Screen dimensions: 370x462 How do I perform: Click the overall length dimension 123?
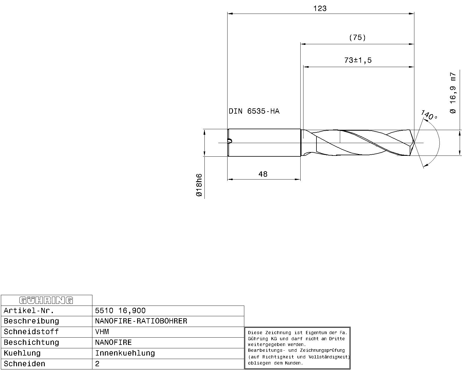(320, 8)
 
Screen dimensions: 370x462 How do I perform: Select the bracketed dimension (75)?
(357, 38)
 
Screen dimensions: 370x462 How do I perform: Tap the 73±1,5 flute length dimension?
(358, 60)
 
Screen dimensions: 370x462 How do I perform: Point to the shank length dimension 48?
(263, 174)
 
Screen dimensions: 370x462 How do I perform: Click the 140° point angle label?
(429, 115)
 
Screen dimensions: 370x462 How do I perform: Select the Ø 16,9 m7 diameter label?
(453, 92)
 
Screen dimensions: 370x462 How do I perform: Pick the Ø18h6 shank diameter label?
(199, 185)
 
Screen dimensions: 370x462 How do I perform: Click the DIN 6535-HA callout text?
(254, 111)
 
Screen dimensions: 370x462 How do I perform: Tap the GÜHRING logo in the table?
(46, 300)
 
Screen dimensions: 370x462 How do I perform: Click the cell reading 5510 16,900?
(120, 311)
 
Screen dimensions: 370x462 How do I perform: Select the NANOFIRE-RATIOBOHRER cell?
(141, 321)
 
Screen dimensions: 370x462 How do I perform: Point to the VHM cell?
(102, 332)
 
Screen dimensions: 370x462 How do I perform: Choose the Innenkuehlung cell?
(125, 353)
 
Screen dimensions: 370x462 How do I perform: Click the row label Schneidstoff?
(31, 332)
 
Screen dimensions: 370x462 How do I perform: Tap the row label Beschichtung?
(31, 343)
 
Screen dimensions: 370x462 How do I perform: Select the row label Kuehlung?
(22, 353)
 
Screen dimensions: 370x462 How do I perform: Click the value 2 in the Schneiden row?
(97, 364)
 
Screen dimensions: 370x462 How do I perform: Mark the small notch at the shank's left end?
(230, 141)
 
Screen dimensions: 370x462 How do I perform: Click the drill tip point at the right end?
(414, 143)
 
